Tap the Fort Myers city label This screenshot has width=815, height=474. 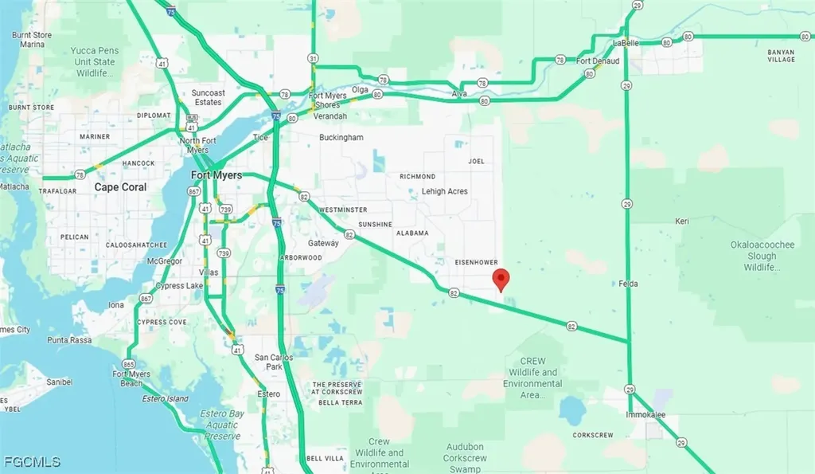point(216,174)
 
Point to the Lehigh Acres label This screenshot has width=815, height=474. point(444,191)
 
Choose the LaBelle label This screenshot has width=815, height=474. point(627,42)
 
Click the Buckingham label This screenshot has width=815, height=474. point(341,137)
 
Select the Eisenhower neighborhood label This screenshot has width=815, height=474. point(476,261)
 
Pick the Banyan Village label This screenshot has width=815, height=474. point(781,55)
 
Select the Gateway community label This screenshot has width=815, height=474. point(324,243)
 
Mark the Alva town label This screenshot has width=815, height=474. point(458,93)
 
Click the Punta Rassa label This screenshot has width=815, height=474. point(69,340)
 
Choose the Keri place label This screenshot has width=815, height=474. point(681,221)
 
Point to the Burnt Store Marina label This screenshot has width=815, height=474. point(33,40)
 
